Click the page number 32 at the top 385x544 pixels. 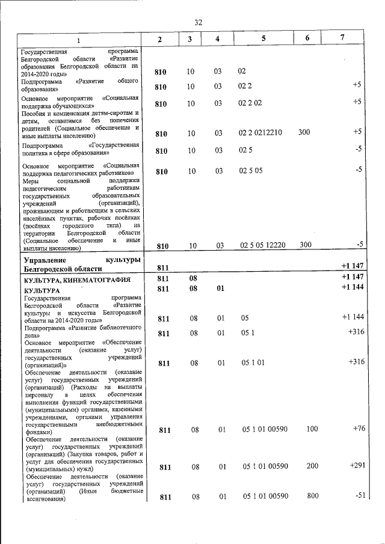(x=198, y=22)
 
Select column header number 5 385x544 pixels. (x=263, y=38)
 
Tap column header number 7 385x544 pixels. (x=342, y=38)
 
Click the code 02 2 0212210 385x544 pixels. (x=260, y=132)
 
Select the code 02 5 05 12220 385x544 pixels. (x=262, y=245)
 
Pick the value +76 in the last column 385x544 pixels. (x=357, y=429)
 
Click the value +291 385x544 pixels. (x=355, y=466)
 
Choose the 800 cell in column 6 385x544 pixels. (x=312, y=497)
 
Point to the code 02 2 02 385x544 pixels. (x=250, y=103)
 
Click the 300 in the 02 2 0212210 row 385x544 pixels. (x=304, y=132)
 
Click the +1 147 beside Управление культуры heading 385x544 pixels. (x=351, y=266)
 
